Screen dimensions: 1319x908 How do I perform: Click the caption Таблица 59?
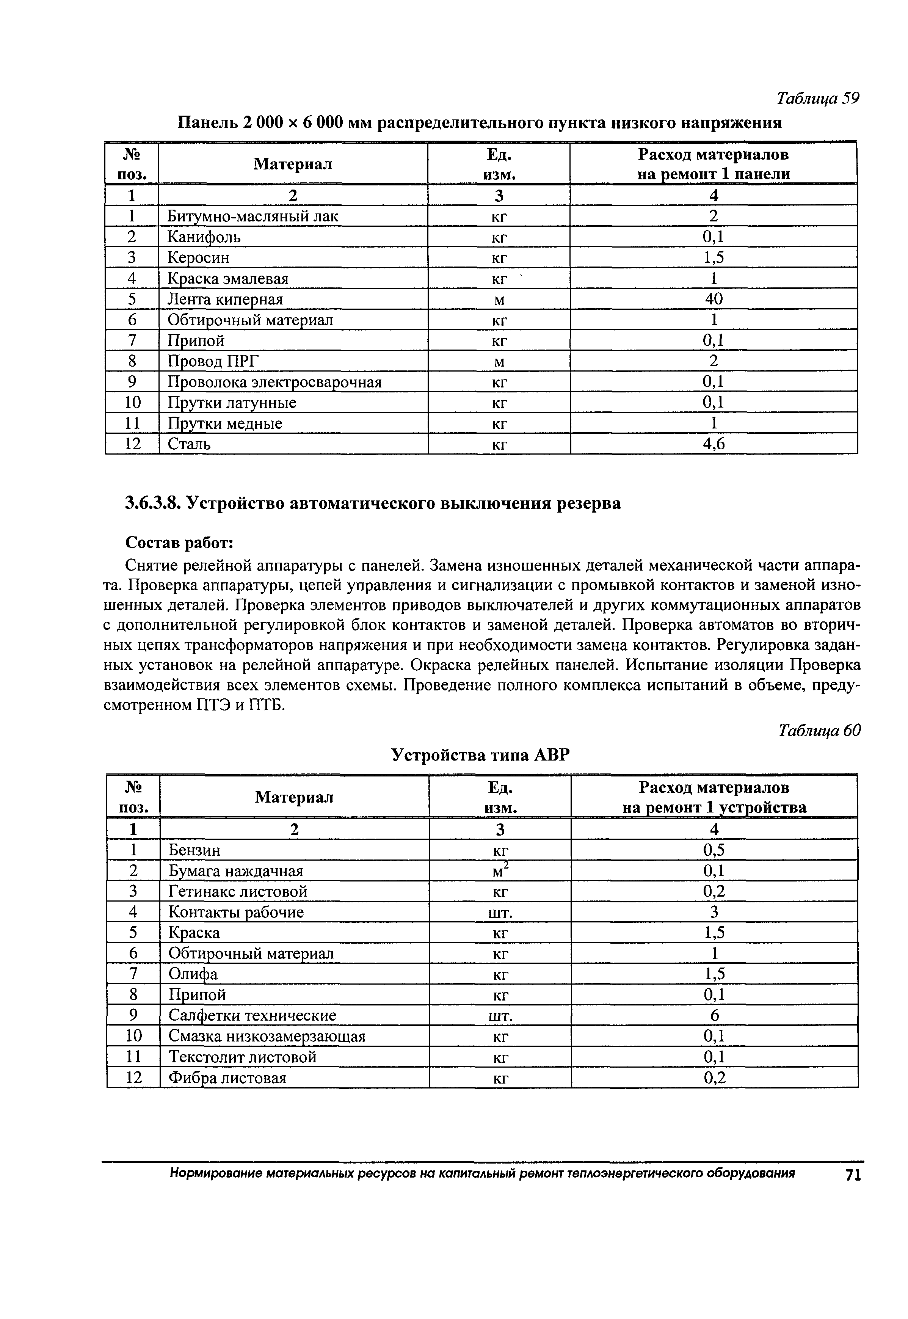[817, 99]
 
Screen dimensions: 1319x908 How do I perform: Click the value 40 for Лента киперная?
[714, 299]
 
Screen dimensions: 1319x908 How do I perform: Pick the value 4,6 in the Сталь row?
[714, 444]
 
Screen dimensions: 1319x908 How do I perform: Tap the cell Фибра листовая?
[227, 1078]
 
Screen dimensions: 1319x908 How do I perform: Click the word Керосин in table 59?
[198, 258]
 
